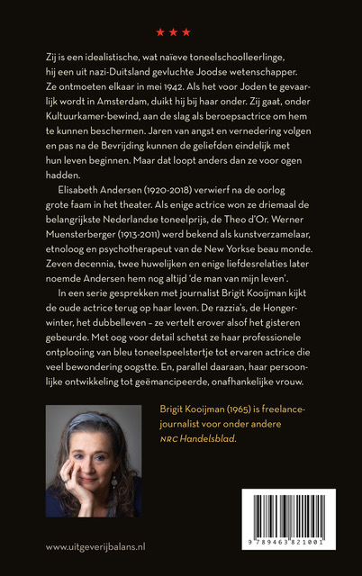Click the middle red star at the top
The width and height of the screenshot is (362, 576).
pyautogui.click(x=173, y=32)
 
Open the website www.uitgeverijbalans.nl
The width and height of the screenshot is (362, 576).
pyautogui.click(x=95, y=546)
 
